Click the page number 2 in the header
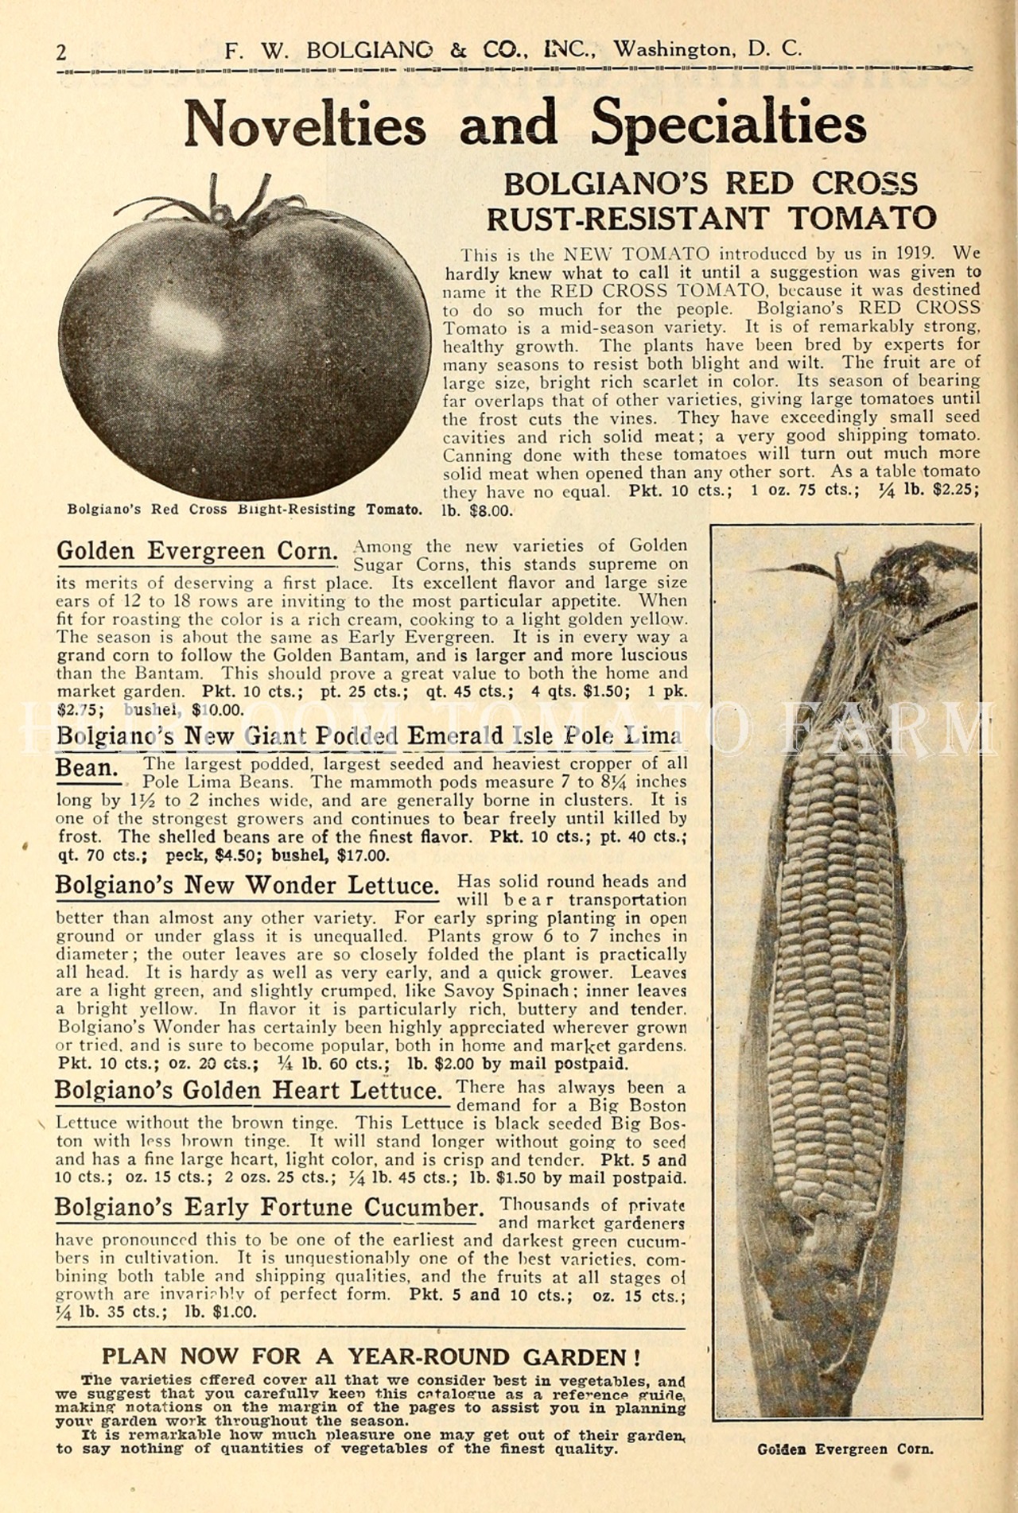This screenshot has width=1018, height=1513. point(62,52)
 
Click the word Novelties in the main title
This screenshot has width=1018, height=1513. point(305,124)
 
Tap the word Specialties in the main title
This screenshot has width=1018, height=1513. point(729,124)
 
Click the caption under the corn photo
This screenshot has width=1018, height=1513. point(845,1449)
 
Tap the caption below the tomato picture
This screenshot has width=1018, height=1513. point(244,509)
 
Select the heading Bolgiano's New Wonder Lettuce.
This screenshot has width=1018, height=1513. point(247,886)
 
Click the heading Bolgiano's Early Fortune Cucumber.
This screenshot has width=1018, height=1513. point(270,1208)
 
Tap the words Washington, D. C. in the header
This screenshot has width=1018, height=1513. point(708,49)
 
